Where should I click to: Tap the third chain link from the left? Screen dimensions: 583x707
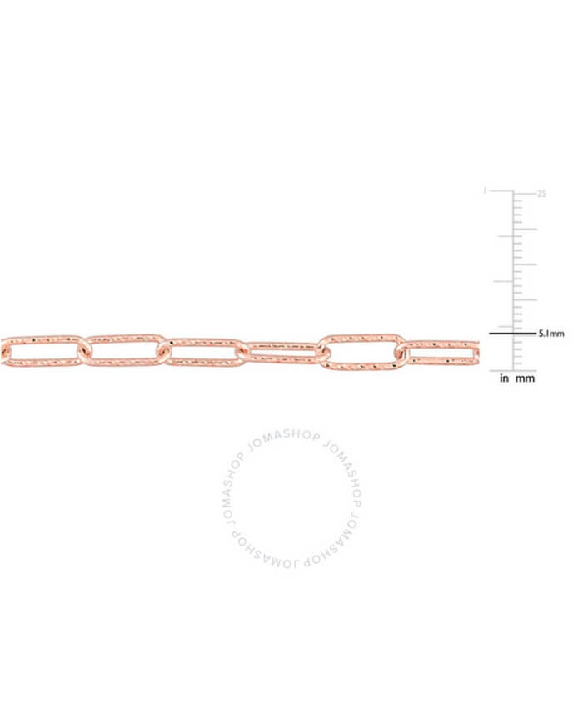click(x=203, y=341)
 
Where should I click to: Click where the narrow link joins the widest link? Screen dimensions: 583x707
click(x=321, y=353)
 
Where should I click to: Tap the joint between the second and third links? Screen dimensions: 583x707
click(x=164, y=350)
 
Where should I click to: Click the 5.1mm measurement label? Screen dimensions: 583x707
click(x=551, y=334)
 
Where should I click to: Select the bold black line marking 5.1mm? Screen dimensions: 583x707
click(x=512, y=334)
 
